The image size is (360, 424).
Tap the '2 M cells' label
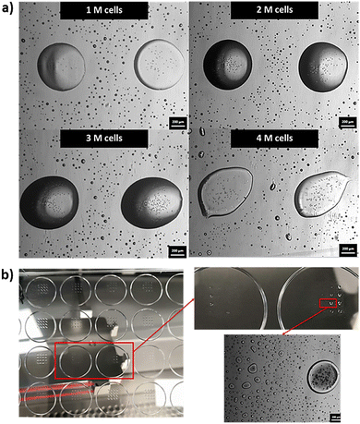pyautogui.click(x=271, y=12)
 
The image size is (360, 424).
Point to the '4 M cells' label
pyautogui.click(x=271, y=139)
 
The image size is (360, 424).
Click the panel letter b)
pyautogui.click(x=8, y=275)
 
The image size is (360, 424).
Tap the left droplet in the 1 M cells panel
pyautogui.click(x=64, y=67)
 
